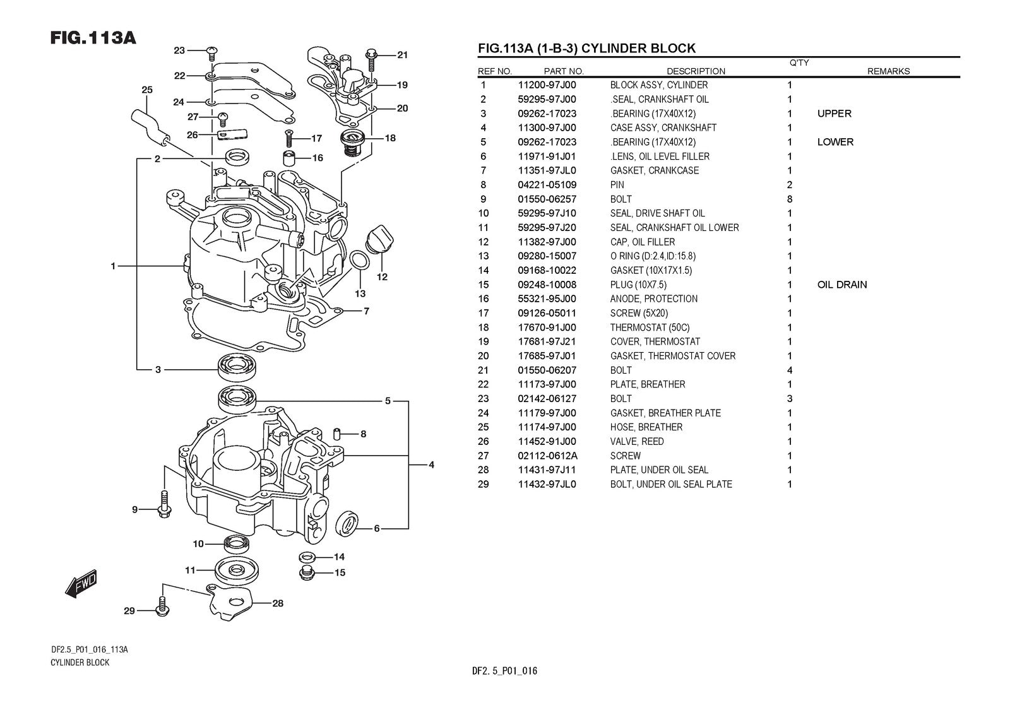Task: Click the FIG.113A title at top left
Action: tap(93, 38)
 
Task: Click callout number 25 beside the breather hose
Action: tap(147, 90)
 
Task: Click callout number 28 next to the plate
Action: tap(278, 603)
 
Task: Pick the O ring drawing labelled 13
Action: tap(359, 260)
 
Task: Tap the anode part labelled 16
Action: tap(289, 158)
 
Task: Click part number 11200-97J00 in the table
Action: tap(547, 85)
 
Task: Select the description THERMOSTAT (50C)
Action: tap(650, 328)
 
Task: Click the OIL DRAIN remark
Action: tap(842, 285)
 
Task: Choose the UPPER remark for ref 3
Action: tap(834, 114)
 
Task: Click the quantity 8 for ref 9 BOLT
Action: tap(789, 199)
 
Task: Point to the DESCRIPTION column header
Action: tap(696, 71)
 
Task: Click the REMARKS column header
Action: tap(888, 71)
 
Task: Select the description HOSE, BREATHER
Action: tap(646, 427)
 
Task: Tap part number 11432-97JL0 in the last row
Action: tap(547, 485)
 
